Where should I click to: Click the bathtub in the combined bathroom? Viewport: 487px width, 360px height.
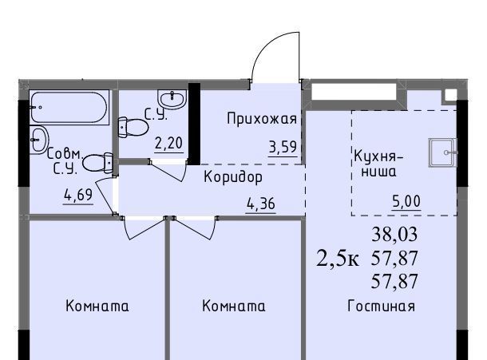coord(69,108)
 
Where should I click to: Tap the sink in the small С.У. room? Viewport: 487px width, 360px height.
coord(172,99)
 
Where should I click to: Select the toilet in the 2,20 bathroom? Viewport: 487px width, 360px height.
coord(133,127)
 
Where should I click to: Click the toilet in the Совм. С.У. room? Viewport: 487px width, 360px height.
coord(97,163)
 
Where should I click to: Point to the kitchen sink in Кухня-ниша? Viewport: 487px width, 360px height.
coord(443,152)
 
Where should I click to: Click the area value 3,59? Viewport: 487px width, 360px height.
coord(283,147)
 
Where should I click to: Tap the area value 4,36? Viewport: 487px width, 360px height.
coord(261,204)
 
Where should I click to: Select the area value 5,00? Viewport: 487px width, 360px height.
coord(406,201)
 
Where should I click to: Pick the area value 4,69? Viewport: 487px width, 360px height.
coord(78,195)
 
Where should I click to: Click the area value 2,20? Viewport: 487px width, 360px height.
coord(168,144)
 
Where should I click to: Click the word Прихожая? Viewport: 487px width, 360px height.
coord(262,119)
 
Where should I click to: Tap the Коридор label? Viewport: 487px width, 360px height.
coord(233,177)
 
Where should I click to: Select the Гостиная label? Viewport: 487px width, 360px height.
coord(381,306)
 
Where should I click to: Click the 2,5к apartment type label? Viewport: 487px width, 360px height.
coord(338,259)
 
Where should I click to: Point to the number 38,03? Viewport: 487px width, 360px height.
coord(394,234)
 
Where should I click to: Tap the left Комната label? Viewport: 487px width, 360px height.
coord(97,306)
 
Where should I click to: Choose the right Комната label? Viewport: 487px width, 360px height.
coord(234,306)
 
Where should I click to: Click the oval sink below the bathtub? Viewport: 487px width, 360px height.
coord(39,139)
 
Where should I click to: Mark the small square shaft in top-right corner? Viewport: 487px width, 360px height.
coord(450,95)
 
